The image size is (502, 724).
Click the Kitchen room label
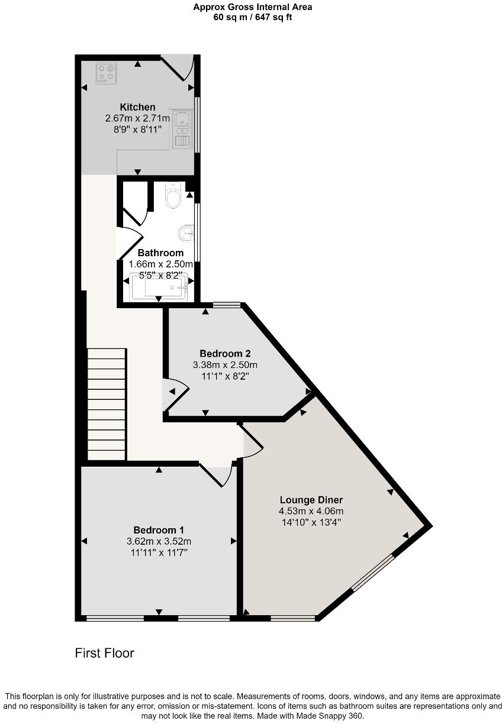[137, 107]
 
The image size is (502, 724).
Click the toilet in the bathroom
[173, 196]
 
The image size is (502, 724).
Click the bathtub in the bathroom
[159, 286]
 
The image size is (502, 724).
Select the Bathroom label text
[160, 253]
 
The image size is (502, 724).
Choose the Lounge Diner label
[311, 500]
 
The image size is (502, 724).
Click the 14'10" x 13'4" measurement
[311, 522]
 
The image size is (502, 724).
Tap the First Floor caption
[104, 653]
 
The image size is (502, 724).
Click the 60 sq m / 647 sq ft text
[253, 17]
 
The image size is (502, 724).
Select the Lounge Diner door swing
[252, 442]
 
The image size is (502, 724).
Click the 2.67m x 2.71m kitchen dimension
[137, 118]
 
